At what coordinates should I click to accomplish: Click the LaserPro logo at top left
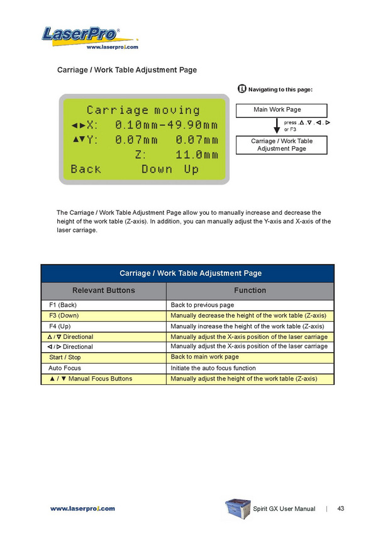click(x=81, y=34)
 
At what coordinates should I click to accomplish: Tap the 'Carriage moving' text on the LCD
click(x=143, y=110)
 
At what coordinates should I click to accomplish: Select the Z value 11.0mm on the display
click(x=196, y=154)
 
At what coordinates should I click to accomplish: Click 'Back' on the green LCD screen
click(x=86, y=169)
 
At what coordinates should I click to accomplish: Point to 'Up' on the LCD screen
click(x=191, y=169)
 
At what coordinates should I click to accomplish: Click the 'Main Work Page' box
click(x=277, y=110)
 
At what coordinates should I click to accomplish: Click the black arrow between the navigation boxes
click(x=277, y=126)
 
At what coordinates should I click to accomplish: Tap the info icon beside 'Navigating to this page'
click(x=242, y=89)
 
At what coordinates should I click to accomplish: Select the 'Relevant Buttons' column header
click(x=104, y=290)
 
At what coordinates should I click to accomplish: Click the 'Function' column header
click(x=250, y=290)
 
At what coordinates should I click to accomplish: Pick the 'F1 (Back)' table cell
click(x=63, y=305)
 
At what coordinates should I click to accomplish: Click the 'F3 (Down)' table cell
click(x=64, y=316)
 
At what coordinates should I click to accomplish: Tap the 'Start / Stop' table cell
click(x=65, y=358)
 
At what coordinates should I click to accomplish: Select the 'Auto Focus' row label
click(x=65, y=368)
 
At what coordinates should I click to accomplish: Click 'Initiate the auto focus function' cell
click(x=213, y=368)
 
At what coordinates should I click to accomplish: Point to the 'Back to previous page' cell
click(x=202, y=305)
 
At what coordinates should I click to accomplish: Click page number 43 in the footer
click(x=341, y=508)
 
